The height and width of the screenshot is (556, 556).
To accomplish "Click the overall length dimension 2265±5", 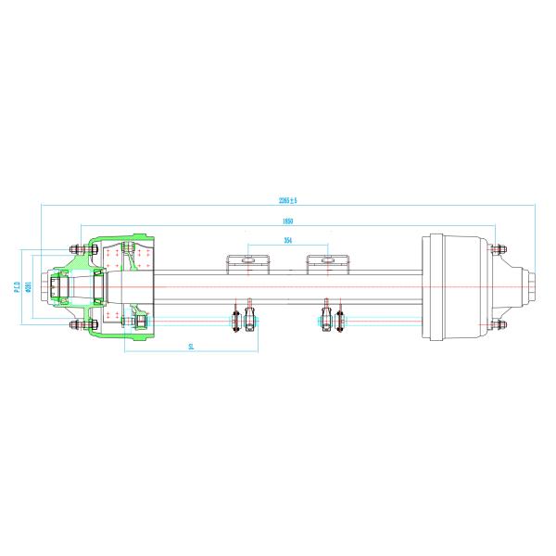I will [x=287, y=199].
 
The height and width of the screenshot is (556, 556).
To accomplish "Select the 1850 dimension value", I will [x=289, y=221].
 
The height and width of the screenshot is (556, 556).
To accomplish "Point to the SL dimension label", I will [x=191, y=346].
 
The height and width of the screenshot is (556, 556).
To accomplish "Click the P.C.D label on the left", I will [x=19, y=286].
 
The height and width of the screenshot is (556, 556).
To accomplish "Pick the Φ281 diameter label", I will [x=29, y=286].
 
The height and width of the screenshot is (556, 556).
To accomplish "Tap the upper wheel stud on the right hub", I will [x=499, y=248].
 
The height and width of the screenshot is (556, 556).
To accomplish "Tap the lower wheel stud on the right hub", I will [x=499, y=325].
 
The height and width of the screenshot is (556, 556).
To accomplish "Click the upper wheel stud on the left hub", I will [x=74, y=248].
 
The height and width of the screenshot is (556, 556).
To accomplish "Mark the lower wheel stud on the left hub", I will [x=74, y=325].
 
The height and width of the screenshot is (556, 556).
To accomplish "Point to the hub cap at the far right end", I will [x=529, y=286].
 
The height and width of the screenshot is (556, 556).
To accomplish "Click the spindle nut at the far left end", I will [x=57, y=287].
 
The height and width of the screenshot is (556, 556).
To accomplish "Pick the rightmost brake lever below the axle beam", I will [x=340, y=321].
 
